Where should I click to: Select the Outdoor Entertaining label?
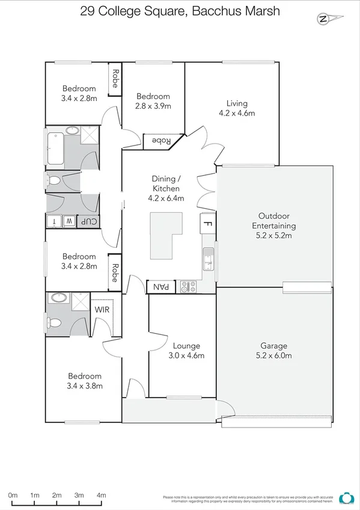[273, 221]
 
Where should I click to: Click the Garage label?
[273, 346]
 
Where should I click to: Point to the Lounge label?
[186, 346]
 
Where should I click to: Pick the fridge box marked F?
[207, 223]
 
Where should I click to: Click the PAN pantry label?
[161, 287]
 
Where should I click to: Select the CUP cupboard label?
[89, 221]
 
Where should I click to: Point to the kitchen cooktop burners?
[189, 287]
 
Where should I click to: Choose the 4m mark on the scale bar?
[101, 495]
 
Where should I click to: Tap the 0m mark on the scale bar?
[13, 495]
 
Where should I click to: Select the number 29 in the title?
[87, 11]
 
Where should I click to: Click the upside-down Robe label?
[159, 141]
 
